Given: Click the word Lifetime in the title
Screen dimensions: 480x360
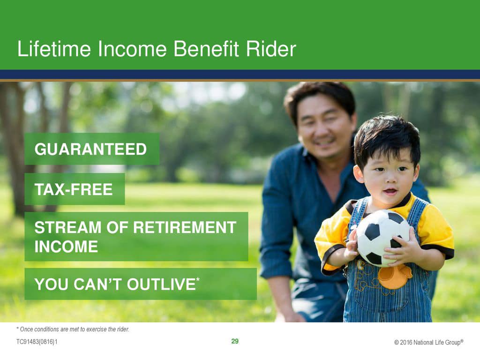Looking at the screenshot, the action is tap(54, 49).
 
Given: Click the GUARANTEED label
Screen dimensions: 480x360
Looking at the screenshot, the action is tap(90, 150).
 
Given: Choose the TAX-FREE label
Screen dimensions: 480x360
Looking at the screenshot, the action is tap(74, 189).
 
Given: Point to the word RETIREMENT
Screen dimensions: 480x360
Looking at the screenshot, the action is tap(185, 227).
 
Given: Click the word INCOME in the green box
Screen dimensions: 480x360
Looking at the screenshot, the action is tap(66, 247).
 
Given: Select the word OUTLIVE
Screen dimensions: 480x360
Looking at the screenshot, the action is tap(161, 284).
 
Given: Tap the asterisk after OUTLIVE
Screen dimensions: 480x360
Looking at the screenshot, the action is tap(198, 279).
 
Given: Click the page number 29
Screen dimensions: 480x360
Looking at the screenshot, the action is tap(235, 341).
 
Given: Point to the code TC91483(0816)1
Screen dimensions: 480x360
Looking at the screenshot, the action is tap(37, 342).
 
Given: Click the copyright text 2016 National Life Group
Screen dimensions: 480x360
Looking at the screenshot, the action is tap(429, 342).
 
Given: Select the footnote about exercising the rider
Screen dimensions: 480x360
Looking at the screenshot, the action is tap(73, 330).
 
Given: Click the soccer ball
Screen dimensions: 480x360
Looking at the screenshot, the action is tap(383, 238).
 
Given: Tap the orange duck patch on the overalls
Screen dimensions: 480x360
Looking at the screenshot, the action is tap(394, 277).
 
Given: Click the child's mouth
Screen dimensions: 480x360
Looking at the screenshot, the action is tap(390, 192).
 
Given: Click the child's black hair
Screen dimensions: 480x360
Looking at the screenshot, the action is tap(387, 139).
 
